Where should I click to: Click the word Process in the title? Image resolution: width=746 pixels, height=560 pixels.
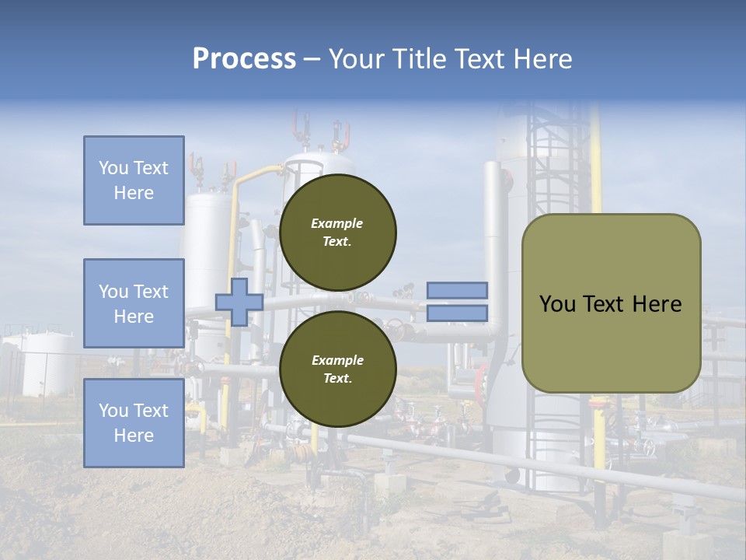point(244,59)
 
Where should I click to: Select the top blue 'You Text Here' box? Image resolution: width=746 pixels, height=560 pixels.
point(134,180)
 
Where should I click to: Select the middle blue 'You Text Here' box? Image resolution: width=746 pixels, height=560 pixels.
point(134,303)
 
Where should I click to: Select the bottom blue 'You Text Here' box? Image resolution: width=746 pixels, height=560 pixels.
point(134,423)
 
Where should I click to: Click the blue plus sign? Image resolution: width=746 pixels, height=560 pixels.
point(239,302)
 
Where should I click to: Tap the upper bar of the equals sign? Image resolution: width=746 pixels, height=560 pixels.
point(457,290)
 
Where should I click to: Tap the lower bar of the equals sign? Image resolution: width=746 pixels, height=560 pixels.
point(457,313)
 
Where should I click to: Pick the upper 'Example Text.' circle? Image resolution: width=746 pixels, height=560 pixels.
point(337,232)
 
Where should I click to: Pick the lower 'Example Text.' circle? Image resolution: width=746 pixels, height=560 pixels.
point(337,369)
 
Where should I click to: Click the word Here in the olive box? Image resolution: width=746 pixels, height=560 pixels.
point(657,304)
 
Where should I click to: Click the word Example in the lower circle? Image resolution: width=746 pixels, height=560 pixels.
point(337,360)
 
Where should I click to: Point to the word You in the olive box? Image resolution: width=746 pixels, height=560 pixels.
point(556,304)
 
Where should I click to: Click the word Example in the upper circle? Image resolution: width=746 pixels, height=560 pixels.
point(337,223)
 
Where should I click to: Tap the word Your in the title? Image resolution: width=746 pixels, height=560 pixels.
point(355,59)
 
